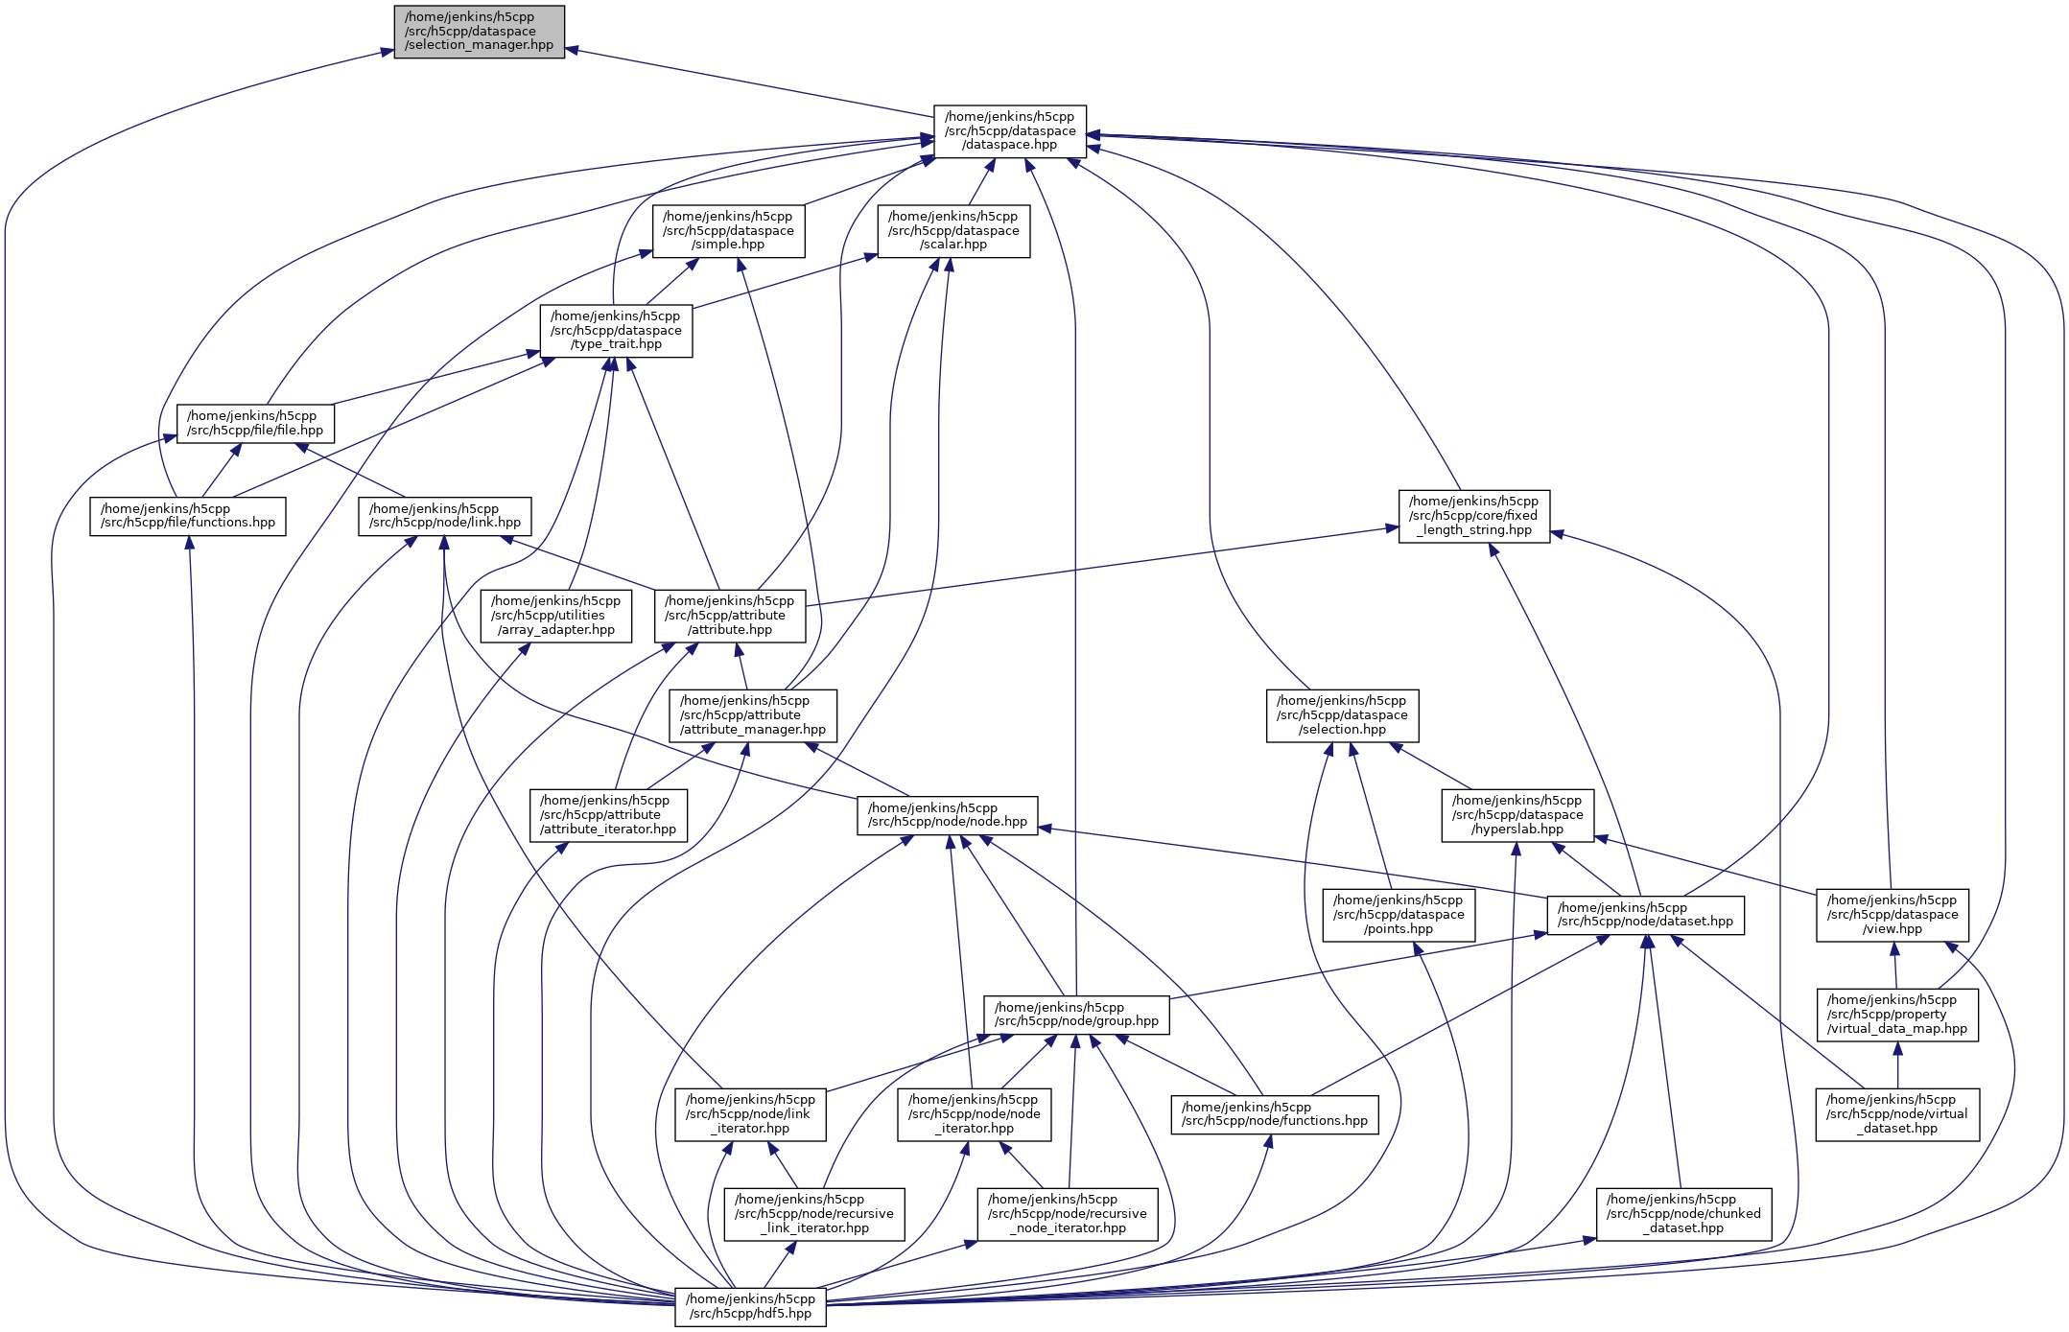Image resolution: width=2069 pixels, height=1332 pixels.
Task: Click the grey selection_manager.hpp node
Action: (x=479, y=32)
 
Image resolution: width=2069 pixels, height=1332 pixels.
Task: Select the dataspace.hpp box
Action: (x=1009, y=131)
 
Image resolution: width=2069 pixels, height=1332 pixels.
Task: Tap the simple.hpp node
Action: (x=728, y=231)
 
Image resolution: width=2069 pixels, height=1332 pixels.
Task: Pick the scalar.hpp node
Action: (x=953, y=231)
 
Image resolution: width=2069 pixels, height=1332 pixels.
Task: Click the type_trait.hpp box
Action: (x=616, y=331)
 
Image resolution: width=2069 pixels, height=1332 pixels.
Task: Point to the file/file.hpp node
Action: (x=255, y=423)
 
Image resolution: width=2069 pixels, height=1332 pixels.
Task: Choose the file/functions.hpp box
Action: (x=188, y=516)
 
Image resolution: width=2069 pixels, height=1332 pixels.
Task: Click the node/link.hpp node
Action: (x=445, y=516)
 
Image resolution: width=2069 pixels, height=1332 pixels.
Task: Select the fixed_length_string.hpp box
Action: (x=1473, y=516)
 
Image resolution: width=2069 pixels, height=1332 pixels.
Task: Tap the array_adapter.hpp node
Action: (x=555, y=616)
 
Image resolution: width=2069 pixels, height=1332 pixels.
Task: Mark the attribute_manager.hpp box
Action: (x=752, y=715)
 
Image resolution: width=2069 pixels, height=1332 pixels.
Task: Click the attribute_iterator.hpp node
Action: (x=608, y=815)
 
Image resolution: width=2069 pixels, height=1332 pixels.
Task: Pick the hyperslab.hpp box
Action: (x=1517, y=815)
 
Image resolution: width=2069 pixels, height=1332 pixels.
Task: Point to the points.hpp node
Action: (x=1399, y=915)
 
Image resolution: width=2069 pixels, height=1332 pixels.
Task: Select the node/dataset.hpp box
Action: (x=1645, y=915)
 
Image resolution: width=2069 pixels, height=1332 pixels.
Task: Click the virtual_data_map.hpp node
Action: (x=1896, y=1015)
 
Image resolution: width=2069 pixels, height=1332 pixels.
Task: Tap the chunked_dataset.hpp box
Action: (x=1683, y=1214)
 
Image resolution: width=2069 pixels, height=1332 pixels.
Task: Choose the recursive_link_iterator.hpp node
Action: (x=813, y=1214)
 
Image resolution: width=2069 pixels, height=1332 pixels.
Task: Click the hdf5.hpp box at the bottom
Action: (x=750, y=1306)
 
